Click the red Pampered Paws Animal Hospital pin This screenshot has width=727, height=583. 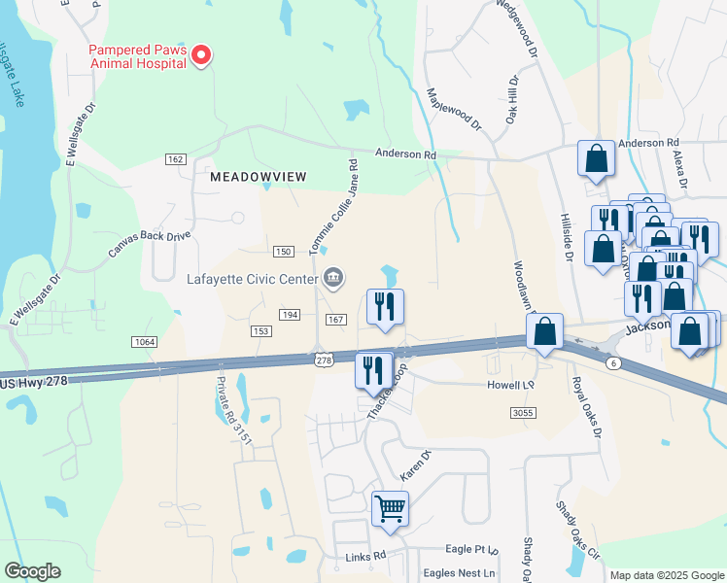point(201,56)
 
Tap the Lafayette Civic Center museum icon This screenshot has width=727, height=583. point(333,279)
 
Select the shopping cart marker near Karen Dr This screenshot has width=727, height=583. point(390,508)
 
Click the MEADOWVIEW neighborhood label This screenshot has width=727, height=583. point(258,176)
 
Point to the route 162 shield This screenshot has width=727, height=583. point(176,159)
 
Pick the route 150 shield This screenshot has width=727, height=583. point(283,252)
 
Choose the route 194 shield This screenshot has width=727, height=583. point(290,315)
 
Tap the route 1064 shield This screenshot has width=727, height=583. point(144,342)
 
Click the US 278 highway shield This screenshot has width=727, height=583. point(324,360)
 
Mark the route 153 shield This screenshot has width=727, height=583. point(260,331)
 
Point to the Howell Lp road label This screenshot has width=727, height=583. point(511,385)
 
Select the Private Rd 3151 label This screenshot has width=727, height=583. point(234,409)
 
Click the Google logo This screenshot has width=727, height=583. point(32,571)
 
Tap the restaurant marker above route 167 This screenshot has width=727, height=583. point(385,307)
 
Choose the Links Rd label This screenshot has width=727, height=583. point(365,557)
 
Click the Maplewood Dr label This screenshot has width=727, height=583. point(454,109)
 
